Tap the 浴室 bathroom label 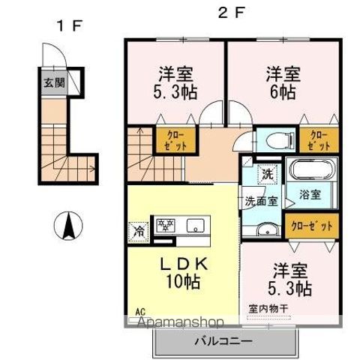tap(310, 194)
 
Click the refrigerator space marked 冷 tap(139, 229)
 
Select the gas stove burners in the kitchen tap(165, 225)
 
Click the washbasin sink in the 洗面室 tap(265, 228)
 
